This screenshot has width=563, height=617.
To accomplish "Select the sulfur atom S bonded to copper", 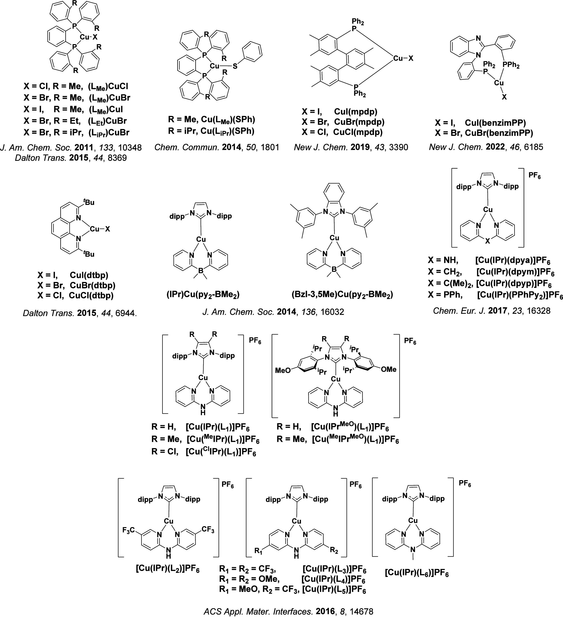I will [235, 66].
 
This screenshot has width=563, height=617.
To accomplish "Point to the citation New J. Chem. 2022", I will [486, 147].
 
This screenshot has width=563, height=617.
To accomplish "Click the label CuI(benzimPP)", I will [495, 123].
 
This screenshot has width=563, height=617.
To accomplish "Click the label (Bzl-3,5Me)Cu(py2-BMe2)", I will [342, 295].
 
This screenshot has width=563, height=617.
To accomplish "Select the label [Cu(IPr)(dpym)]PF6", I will [516, 272].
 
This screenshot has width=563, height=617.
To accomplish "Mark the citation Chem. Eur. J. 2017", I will [491, 311].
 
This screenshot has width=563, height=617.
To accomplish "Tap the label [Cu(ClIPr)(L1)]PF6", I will [221, 452].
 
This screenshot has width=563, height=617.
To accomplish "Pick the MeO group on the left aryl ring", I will [283, 371].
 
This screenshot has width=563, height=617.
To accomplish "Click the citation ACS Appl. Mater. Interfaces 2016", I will [288, 611].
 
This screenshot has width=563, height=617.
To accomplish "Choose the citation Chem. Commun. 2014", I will [217, 147].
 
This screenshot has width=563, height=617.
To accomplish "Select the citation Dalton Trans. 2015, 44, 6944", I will [80, 313].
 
